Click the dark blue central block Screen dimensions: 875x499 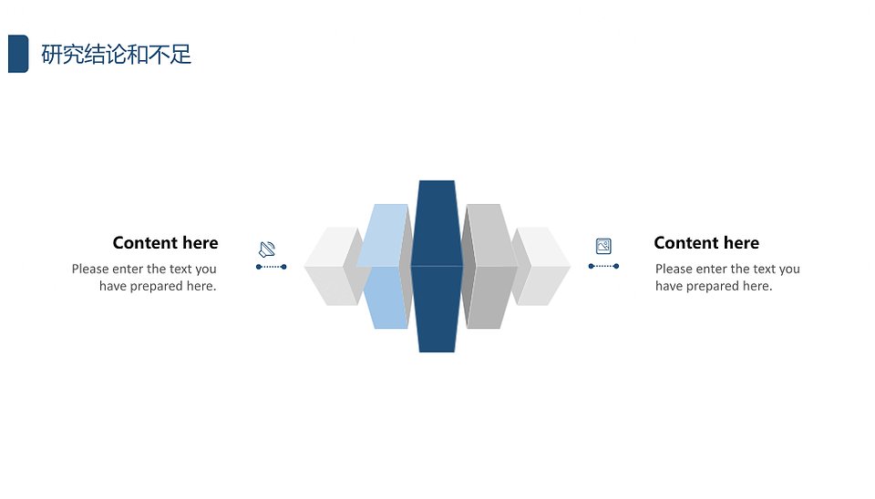(x=437, y=266)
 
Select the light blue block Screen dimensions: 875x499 (x=384, y=266)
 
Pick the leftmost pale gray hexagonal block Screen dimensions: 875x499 (x=333, y=266)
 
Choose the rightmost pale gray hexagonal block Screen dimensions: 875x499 (x=540, y=266)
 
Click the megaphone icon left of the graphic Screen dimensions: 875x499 (x=267, y=249)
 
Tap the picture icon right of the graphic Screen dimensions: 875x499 (x=603, y=246)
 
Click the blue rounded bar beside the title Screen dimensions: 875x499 (x=18, y=54)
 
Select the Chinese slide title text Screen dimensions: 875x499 (x=116, y=55)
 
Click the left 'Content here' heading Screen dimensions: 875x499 (x=165, y=242)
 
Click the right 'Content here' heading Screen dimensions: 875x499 (x=706, y=242)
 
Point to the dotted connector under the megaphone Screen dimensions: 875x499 (x=272, y=267)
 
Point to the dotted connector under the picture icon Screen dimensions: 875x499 (x=603, y=266)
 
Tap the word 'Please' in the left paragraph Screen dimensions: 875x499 (x=90, y=269)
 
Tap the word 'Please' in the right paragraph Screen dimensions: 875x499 (x=674, y=269)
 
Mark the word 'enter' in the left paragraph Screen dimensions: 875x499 (x=128, y=269)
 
